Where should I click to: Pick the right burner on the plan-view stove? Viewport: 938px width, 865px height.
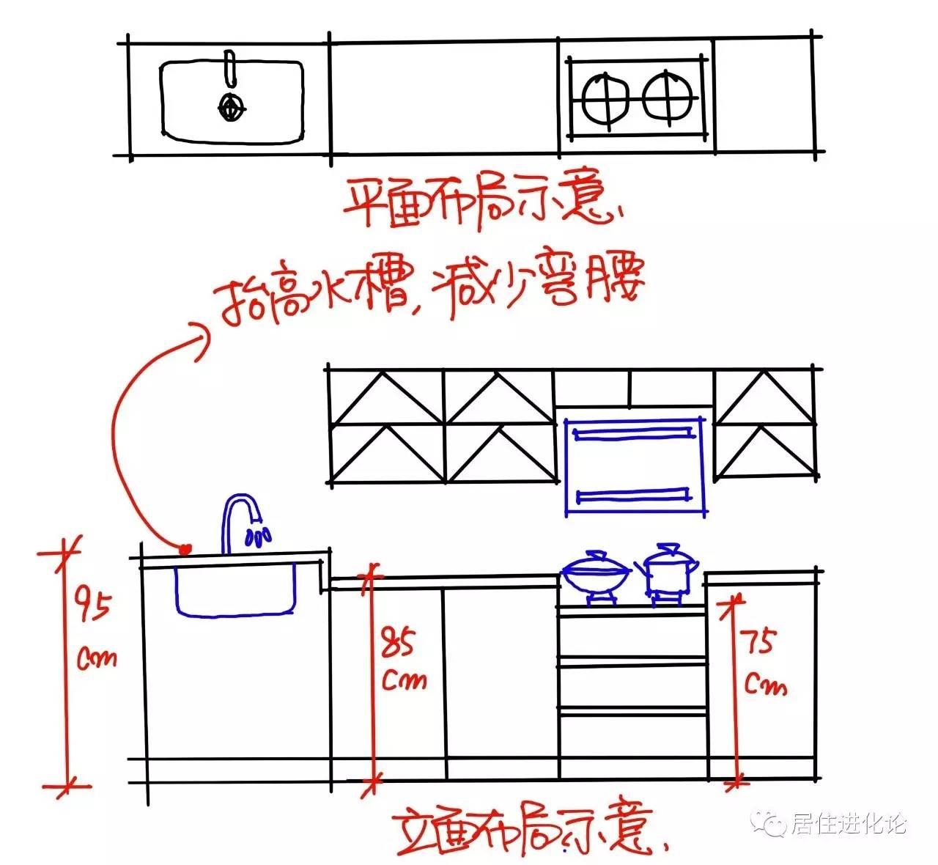[x=668, y=97]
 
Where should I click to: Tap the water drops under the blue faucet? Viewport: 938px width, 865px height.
[x=258, y=537]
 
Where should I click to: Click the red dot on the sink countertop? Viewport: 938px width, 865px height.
[x=185, y=548]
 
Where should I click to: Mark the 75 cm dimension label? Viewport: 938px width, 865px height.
[x=764, y=663]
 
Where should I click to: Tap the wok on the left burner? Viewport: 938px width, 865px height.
[x=595, y=574]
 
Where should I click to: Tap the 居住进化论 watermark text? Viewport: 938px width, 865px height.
[x=850, y=824]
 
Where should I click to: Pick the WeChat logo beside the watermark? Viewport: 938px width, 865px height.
[x=774, y=824]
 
